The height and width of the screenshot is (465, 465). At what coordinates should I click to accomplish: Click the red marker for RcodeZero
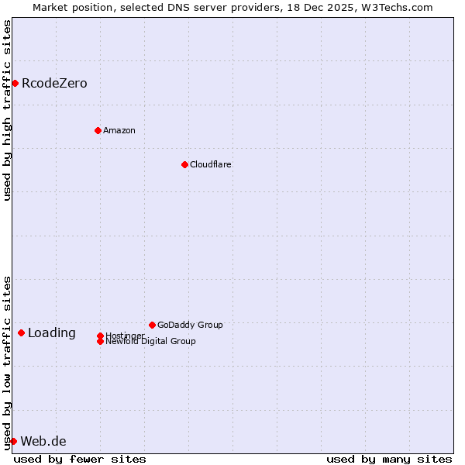click(x=15, y=83)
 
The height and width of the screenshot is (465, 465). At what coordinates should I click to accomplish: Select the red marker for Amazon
click(x=98, y=130)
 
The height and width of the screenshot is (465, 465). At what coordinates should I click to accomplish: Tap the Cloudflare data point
click(x=184, y=164)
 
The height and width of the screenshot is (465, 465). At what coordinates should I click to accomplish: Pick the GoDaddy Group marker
click(x=152, y=325)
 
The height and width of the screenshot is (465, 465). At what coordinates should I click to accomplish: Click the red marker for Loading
click(x=21, y=332)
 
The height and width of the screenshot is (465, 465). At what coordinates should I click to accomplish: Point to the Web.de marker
click(x=13, y=441)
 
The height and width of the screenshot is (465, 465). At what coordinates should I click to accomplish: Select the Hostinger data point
click(x=100, y=336)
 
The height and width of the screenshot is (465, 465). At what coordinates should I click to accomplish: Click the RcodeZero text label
click(x=54, y=83)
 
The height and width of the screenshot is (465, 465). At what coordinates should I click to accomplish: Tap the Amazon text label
click(x=119, y=130)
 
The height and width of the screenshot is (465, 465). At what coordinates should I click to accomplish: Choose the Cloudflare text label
click(x=211, y=164)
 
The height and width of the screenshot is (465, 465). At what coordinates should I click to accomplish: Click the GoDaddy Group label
click(x=190, y=325)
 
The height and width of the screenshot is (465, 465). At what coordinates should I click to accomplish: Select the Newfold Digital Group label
click(x=151, y=342)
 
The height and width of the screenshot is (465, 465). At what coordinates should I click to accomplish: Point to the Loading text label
click(x=52, y=333)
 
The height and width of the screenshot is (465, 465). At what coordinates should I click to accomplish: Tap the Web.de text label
click(x=43, y=442)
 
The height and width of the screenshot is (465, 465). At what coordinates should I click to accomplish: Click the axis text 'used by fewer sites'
click(x=80, y=459)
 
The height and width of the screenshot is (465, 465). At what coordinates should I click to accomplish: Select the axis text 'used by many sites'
click(x=389, y=459)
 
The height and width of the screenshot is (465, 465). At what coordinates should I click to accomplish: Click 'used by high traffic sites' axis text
click(x=7, y=110)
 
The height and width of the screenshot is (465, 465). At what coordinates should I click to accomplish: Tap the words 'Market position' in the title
click(x=73, y=7)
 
